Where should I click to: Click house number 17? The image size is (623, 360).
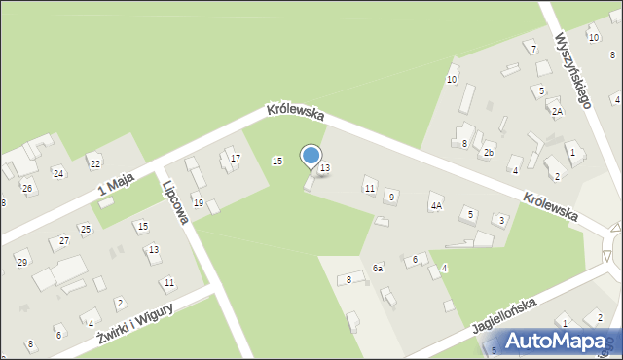(x=235, y=159)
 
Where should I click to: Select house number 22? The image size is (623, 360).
(x=94, y=162)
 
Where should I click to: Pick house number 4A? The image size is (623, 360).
(x=436, y=205)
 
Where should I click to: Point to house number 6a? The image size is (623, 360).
(x=377, y=268)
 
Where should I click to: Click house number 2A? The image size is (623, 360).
(x=557, y=111)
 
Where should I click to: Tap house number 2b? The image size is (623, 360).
(x=489, y=153)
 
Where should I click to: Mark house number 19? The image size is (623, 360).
(x=199, y=202)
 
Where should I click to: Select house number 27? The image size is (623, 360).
(x=64, y=240)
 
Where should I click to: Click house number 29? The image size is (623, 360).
(x=21, y=263)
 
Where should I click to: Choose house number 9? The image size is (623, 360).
(x=391, y=197)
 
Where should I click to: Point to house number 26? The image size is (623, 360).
(x=27, y=188)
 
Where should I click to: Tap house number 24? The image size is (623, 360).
(x=58, y=173)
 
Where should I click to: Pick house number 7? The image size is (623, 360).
(x=532, y=48)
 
